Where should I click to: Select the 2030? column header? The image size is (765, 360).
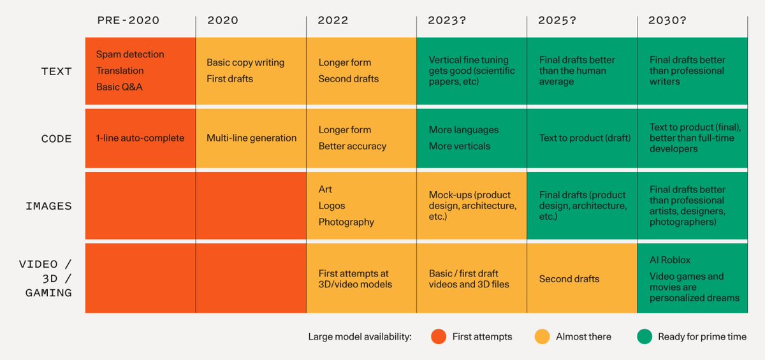667,20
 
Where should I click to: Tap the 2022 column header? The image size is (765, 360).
333,20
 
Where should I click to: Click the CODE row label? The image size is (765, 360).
57,138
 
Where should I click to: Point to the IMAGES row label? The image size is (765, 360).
48,206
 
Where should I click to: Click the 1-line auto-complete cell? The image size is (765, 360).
140,138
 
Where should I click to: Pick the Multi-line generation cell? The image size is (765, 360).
251,138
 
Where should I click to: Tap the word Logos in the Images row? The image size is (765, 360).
331,206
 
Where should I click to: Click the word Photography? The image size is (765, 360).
346,222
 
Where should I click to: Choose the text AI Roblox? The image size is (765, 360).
670,260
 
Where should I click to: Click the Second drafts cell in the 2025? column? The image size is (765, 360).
569,279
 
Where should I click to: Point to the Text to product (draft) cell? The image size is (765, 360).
585,138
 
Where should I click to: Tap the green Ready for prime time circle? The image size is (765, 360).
644,336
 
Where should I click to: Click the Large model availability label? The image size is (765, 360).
360,337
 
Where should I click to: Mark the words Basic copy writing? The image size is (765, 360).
245,62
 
